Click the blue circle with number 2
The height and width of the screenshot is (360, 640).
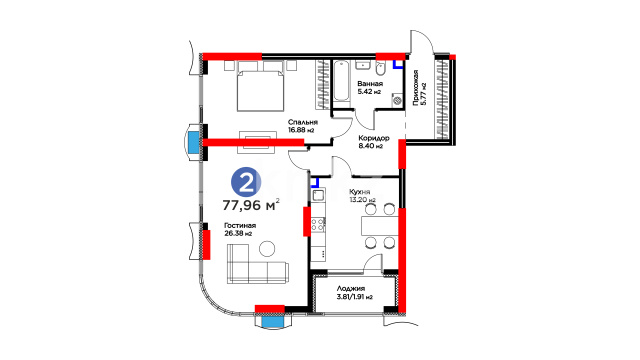tap(246, 182)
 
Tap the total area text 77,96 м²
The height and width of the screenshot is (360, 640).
tap(251, 204)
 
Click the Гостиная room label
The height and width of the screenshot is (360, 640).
tap(240, 226)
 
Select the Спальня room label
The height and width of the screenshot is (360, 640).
tap(302, 122)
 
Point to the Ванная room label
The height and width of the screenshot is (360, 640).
tap(370, 84)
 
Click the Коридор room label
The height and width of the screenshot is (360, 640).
tap(373, 138)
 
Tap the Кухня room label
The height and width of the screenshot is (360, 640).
tap(360, 192)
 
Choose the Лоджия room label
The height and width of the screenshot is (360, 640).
tap(351, 289)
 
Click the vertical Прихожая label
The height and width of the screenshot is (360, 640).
tap(416, 88)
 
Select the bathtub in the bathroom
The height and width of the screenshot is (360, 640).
tap(341, 81)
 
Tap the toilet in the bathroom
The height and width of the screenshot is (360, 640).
tap(380, 69)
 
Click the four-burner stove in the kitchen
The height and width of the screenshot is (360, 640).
tap(318, 224)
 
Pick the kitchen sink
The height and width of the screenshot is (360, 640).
tap(318, 196)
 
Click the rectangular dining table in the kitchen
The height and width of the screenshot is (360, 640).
tap(379, 226)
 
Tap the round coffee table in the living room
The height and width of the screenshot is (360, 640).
tap(267, 249)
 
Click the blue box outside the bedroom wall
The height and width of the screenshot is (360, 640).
tap(193, 142)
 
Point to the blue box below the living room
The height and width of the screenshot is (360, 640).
tap(272, 322)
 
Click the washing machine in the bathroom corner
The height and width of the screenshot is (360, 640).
tap(397, 100)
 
